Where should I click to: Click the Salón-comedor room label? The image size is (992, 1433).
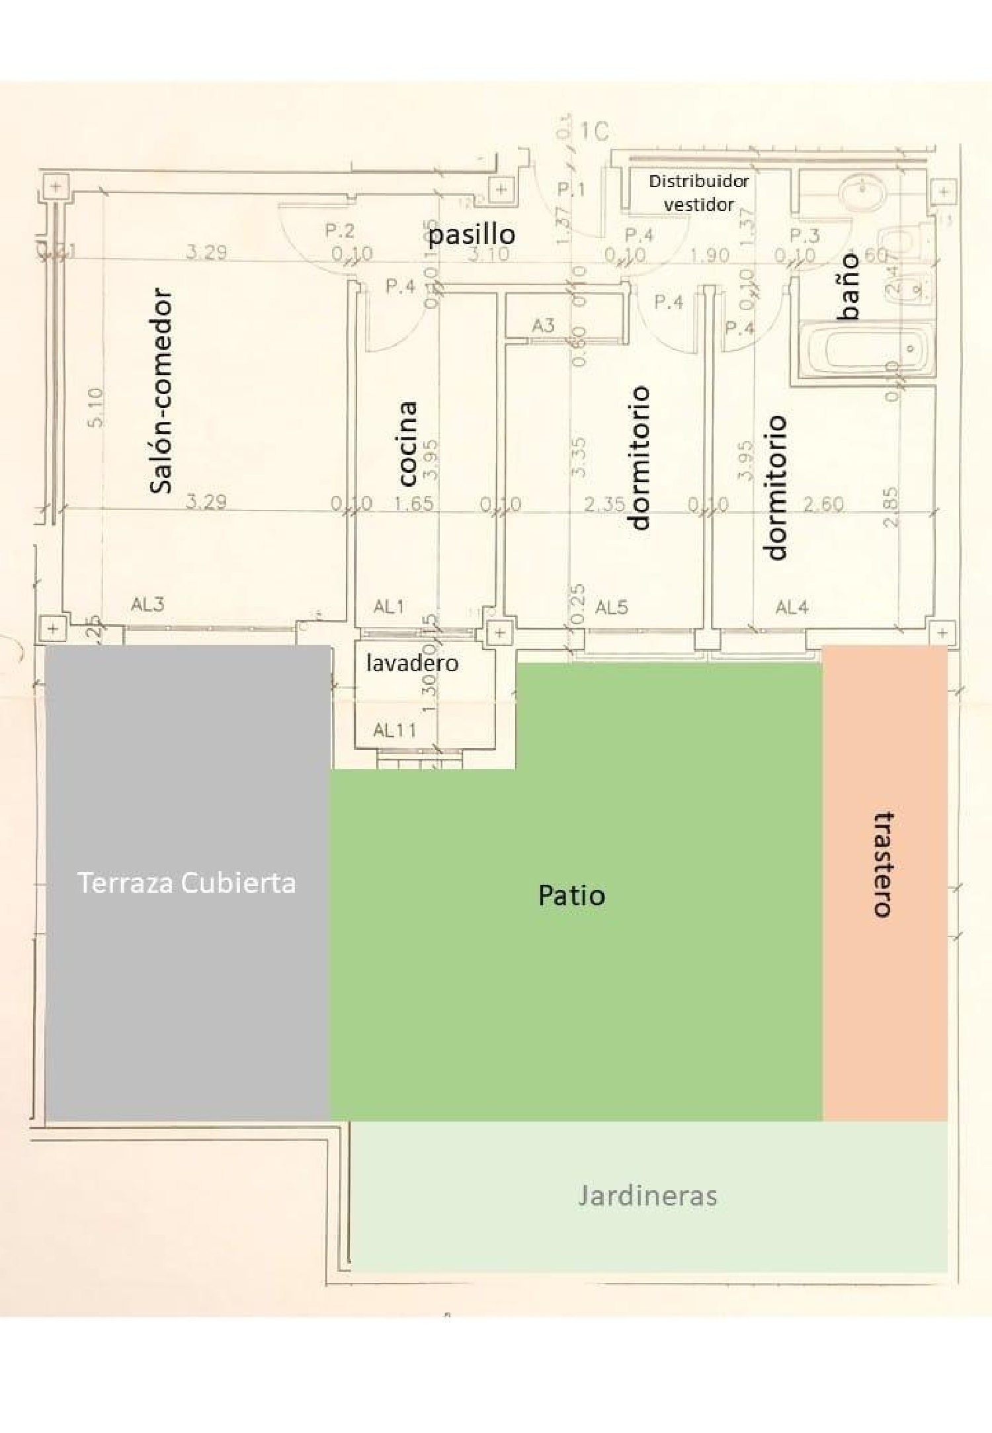(161, 391)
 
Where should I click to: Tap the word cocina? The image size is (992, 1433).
(407, 442)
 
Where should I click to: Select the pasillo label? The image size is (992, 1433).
(472, 234)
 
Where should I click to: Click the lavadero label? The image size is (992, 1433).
(412, 663)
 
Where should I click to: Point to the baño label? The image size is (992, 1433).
(848, 286)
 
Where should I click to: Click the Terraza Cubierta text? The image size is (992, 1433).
(186, 883)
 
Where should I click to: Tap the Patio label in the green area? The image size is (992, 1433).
(571, 895)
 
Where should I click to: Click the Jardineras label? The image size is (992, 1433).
(647, 1196)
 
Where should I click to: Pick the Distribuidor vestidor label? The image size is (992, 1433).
(699, 192)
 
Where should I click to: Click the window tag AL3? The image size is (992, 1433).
(147, 604)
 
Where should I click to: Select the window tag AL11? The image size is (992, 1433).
(394, 731)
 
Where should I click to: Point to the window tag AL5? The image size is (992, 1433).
(612, 607)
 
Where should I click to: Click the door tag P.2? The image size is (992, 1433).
(339, 231)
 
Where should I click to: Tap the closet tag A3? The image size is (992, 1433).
(543, 325)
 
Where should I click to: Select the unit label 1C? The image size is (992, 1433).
(594, 132)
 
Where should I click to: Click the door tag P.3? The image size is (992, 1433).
(805, 235)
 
